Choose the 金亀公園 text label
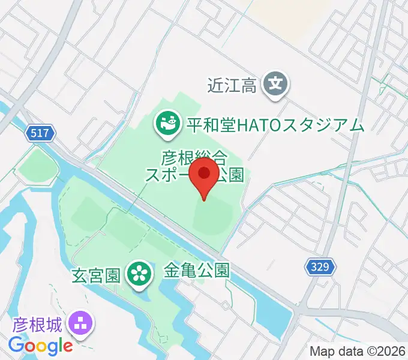tap(197, 271)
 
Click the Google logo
tap(40, 346)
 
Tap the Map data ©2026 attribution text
tap(357, 350)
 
